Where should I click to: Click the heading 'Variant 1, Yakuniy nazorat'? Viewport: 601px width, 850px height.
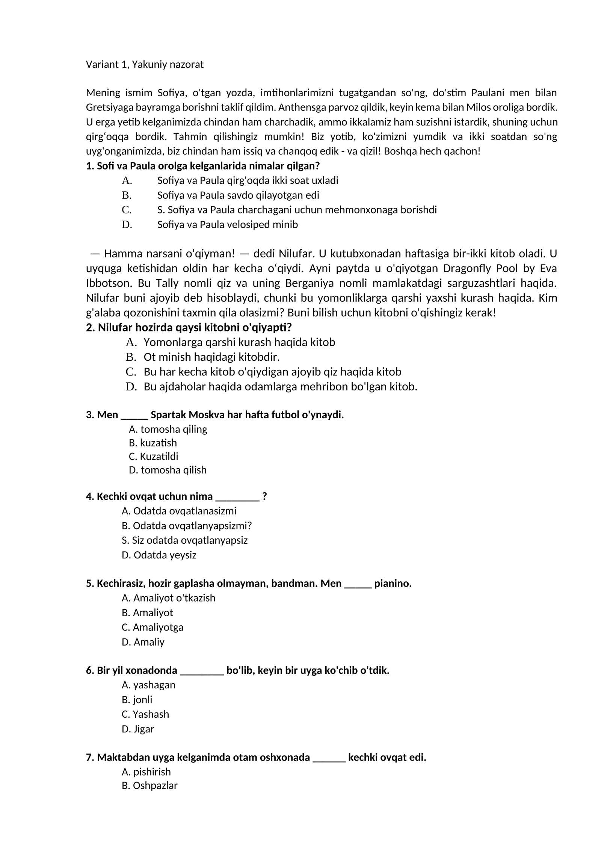[x=145, y=65]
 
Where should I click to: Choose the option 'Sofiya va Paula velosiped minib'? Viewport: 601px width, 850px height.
[x=227, y=224]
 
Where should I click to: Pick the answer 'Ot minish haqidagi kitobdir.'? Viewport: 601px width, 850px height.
[x=211, y=357]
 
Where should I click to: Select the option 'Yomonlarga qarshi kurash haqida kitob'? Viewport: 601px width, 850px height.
[x=239, y=342]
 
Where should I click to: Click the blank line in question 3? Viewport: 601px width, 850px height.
[x=134, y=416]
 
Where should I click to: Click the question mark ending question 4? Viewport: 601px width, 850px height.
[x=264, y=496]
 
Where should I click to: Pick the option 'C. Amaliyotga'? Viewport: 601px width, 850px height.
[x=153, y=627]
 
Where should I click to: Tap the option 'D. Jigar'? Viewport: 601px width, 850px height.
[x=138, y=729]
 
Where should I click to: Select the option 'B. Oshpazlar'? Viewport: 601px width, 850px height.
[x=149, y=785]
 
